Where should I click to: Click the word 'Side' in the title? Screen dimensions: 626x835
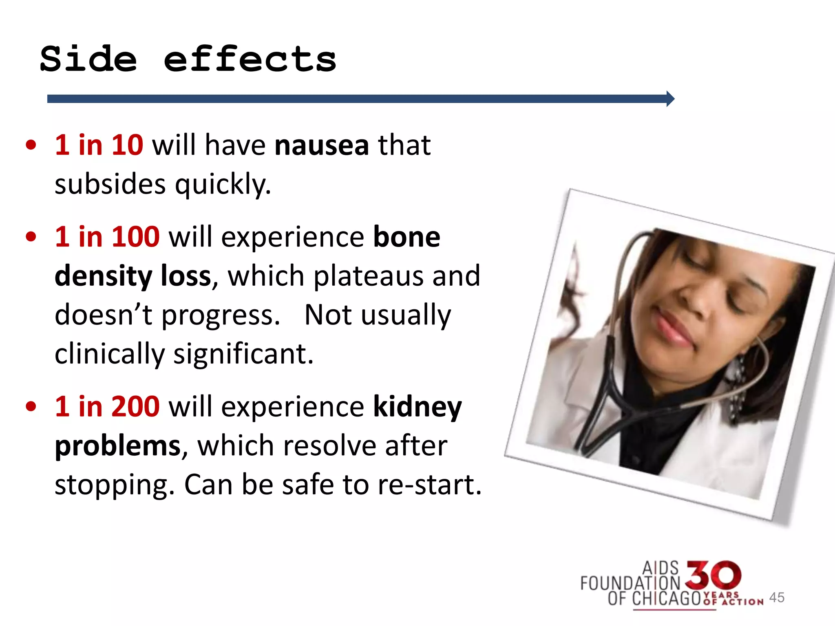point(88,60)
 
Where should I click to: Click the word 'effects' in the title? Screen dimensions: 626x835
point(250,60)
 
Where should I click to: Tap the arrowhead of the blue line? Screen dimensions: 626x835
point(670,99)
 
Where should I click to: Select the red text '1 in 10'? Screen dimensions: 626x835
point(99,145)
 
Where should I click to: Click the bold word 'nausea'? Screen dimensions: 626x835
point(322,146)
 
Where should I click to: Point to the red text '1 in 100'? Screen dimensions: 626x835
point(107,237)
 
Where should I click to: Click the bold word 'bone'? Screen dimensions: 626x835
point(406,237)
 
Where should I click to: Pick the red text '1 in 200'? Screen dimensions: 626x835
point(107,406)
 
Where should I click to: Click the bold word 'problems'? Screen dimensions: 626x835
point(117,446)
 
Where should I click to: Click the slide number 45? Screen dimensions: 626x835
point(776,597)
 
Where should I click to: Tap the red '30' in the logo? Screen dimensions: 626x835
point(714,575)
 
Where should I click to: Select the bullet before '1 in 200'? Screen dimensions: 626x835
point(31,406)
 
